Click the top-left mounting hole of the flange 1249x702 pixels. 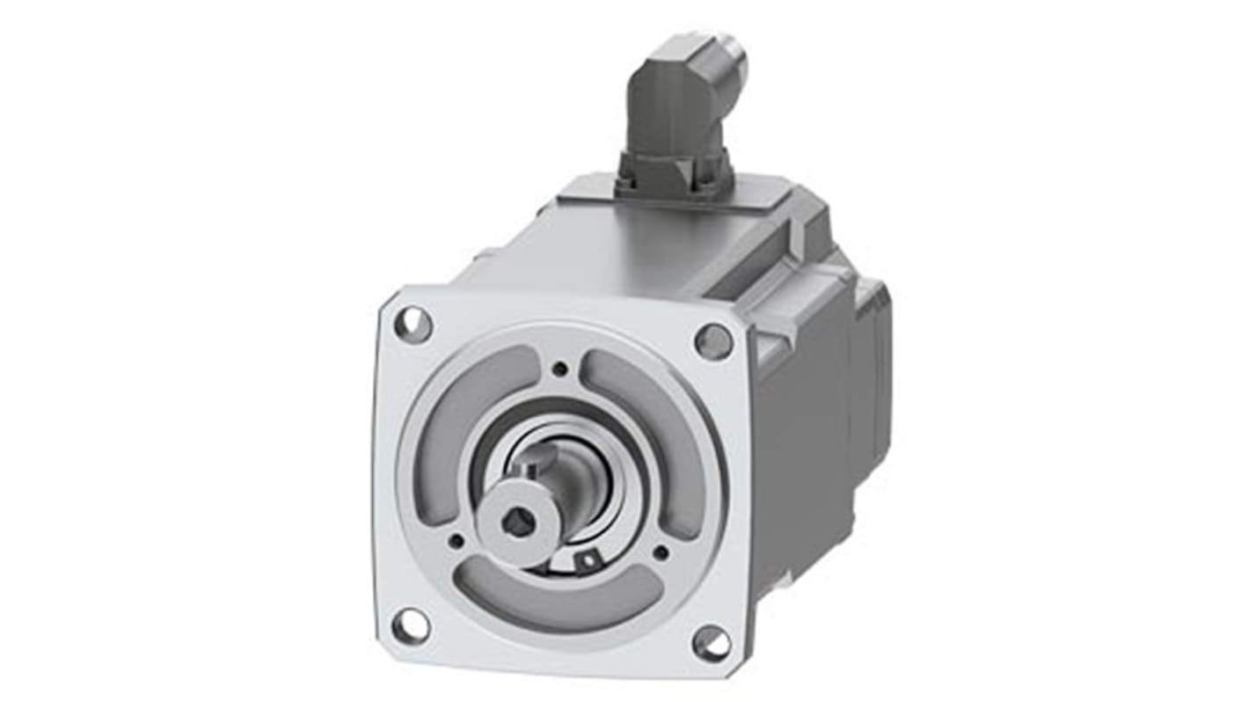point(413,324)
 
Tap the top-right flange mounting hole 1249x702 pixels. point(713,341)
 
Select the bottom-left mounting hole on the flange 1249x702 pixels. point(411,625)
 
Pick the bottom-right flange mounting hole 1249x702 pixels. point(711,643)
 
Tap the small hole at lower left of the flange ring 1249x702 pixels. point(456,540)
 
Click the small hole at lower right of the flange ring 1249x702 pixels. point(660,552)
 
